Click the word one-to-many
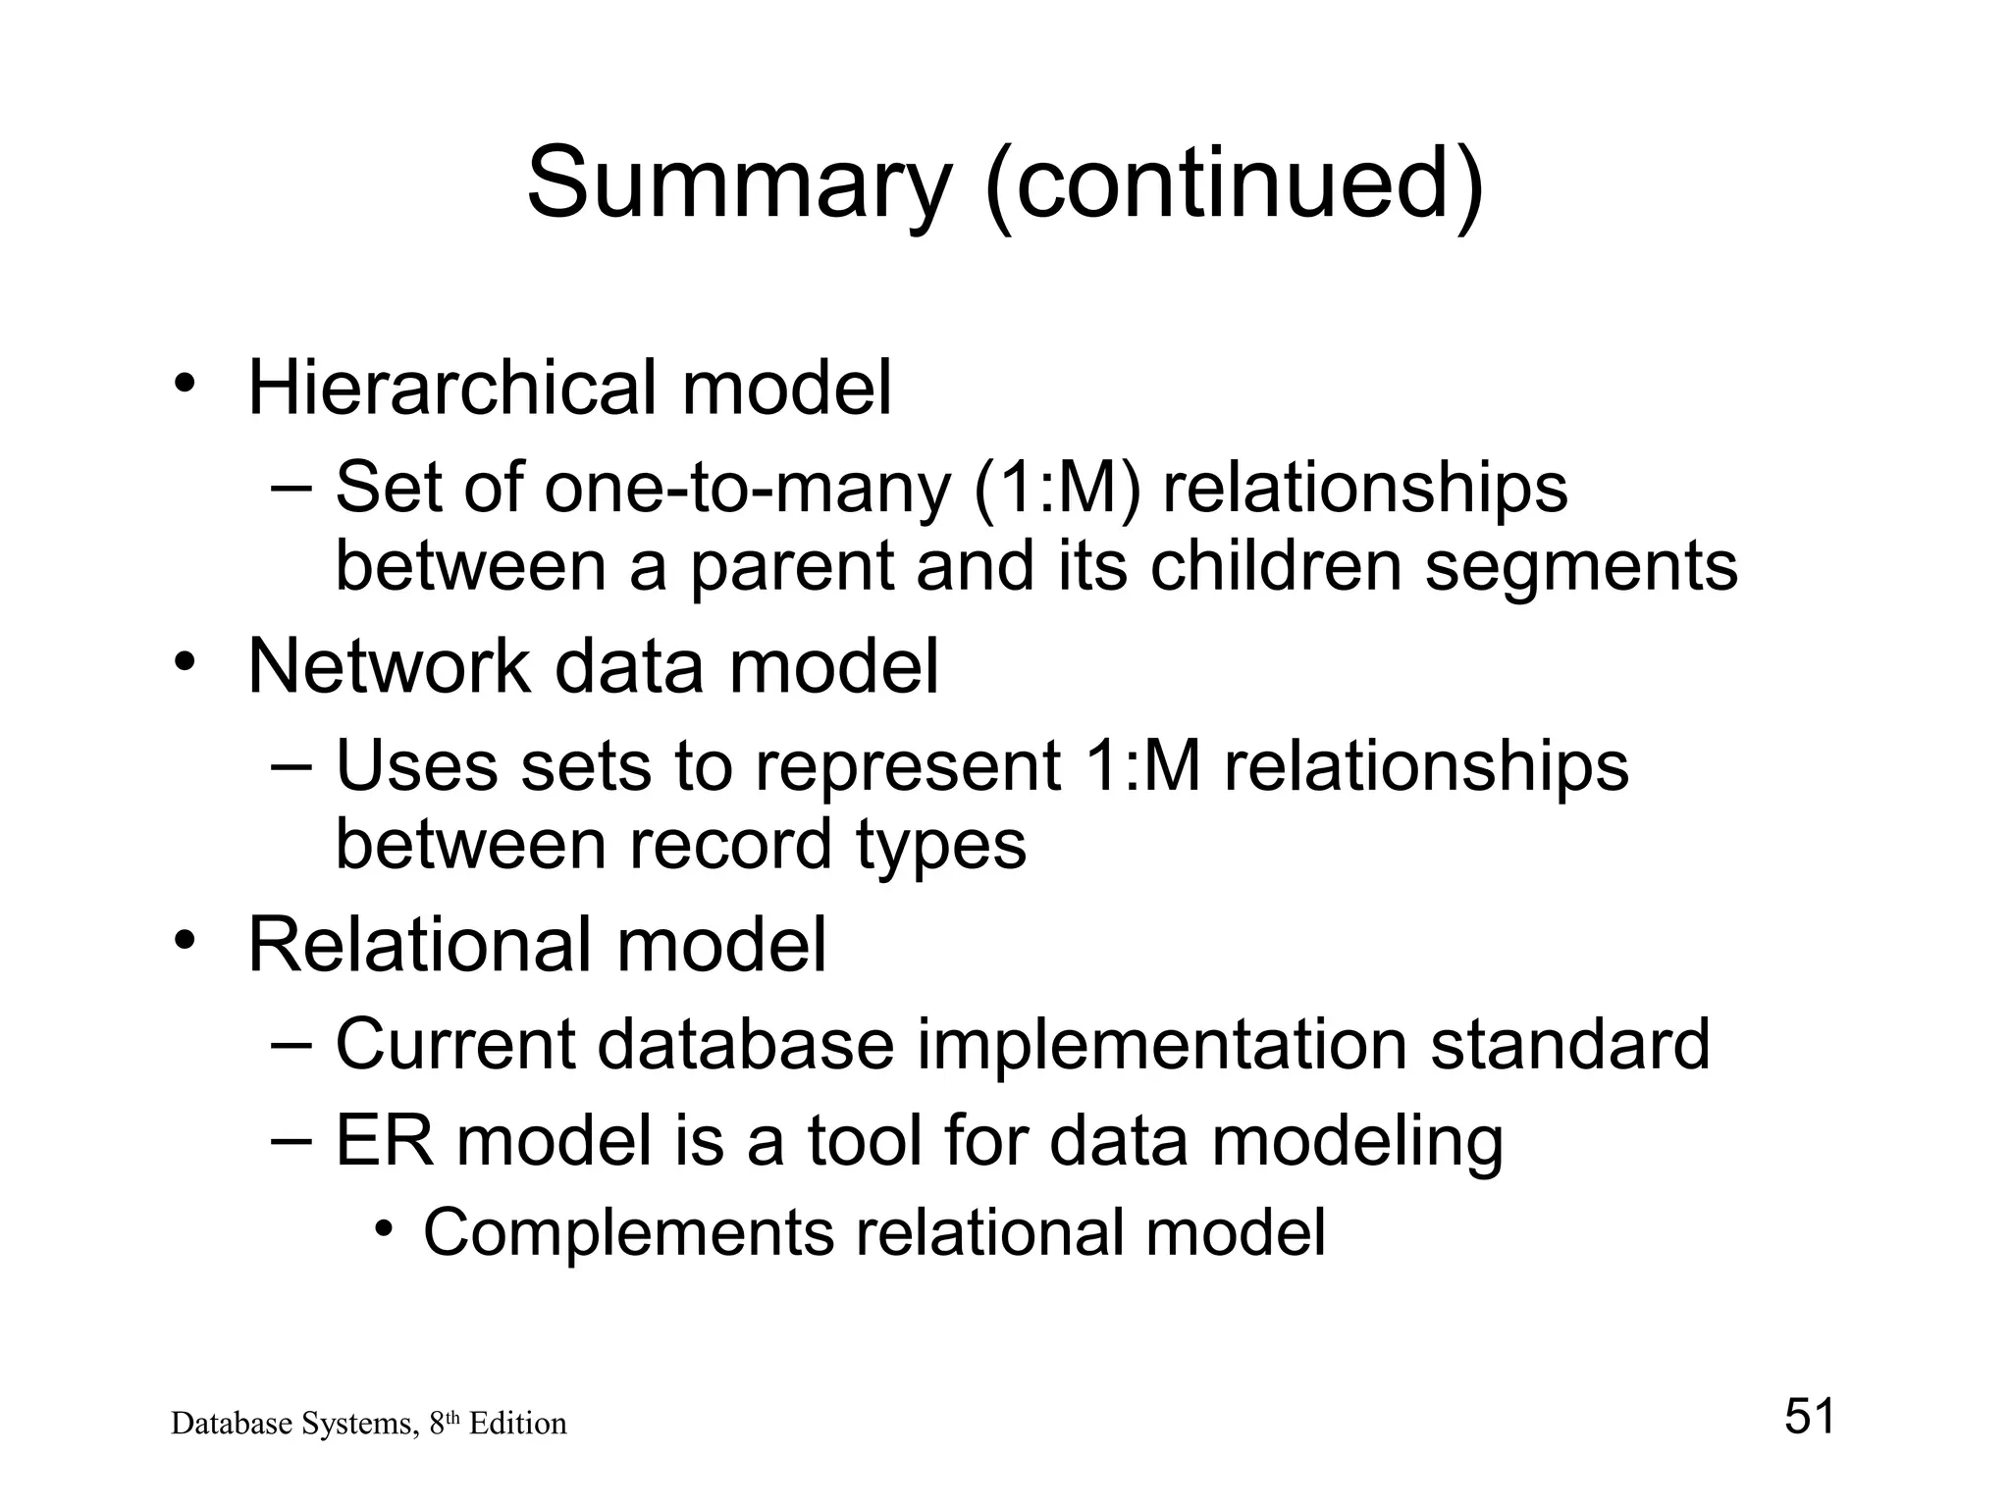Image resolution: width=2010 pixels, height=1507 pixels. pos(747,488)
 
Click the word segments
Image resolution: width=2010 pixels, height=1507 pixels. pos(1581,566)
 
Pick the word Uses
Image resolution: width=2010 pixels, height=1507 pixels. pos(416,766)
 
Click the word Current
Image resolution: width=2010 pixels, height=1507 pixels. pos(455,1044)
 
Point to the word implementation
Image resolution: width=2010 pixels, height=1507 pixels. pos(1163,1044)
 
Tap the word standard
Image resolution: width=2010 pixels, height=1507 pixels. pos(1570,1044)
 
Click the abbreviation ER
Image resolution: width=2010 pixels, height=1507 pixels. pos(384,1142)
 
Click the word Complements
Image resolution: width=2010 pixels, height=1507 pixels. pos(628,1232)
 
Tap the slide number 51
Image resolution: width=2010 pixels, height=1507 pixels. pos(1809,1417)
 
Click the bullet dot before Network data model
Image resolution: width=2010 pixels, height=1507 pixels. pos(183,662)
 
